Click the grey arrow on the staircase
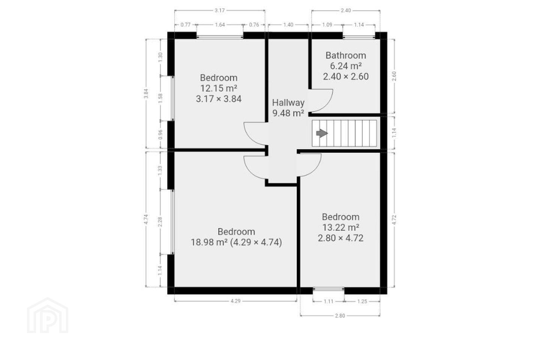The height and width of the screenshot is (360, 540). coord(322,133)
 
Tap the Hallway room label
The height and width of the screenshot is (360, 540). coord(288,103)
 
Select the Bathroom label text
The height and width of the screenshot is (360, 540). coord(346,55)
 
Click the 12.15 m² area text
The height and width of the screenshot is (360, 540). coord(219,88)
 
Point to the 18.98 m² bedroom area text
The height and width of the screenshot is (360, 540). coord(209,242)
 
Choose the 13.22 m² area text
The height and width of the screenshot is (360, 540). coord(341,227)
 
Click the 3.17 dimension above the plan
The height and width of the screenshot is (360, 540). coord(220,10)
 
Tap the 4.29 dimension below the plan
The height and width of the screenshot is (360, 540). coord(235,301)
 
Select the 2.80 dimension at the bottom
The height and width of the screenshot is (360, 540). coord(340,316)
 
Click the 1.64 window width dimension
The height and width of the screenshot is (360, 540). coord(220,25)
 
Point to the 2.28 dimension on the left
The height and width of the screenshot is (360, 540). coord(160,222)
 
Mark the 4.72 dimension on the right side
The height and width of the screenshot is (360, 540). coord(394,220)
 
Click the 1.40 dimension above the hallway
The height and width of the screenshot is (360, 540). coord(288,25)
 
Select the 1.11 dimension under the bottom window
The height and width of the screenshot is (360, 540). coord(328,301)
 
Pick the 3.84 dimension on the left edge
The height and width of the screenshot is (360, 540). coord(146,93)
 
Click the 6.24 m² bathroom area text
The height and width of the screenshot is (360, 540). coord(346,66)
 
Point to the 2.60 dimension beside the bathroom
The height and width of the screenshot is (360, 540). coord(394,76)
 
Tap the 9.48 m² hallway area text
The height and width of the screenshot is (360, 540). coord(288,113)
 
